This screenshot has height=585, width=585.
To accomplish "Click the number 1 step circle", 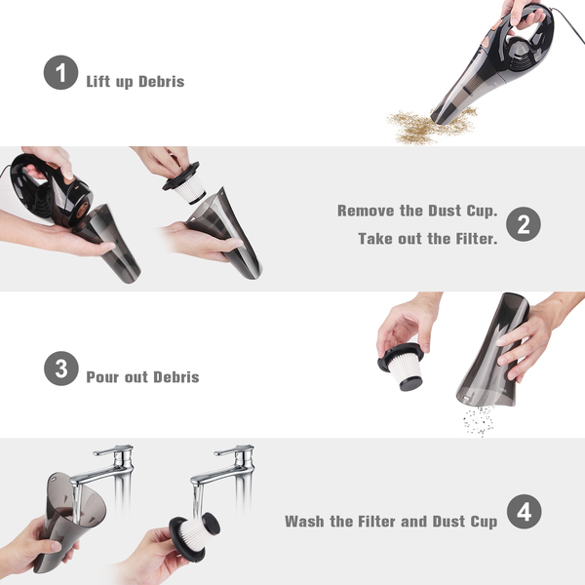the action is tap(60, 72).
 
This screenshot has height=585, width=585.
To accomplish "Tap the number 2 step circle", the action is tap(524, 224).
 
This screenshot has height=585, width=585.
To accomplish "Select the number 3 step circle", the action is tap(61, 369).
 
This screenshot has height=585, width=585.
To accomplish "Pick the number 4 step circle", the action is tap(525, 512).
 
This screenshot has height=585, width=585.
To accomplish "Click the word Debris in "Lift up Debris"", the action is tap(161, 81).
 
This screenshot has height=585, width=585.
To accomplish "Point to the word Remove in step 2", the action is tap(366, 211).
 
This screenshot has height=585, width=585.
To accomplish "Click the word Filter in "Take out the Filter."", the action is tap(477, 239).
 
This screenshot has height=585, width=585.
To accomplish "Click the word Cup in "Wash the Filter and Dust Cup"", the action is tap(484, 522).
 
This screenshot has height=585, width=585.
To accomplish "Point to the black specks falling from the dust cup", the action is tap(479, 421).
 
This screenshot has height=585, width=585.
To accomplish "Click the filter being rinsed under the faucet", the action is tap(194, 535).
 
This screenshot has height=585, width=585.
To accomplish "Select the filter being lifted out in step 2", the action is tap(185, 183).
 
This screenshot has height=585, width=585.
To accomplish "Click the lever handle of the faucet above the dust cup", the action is tap(113, 449).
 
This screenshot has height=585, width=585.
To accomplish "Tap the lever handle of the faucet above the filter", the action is tap(234, 449).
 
